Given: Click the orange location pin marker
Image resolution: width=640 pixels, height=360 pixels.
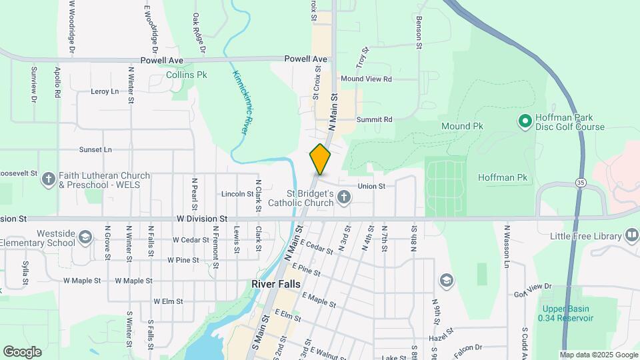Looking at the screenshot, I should pos(320,159).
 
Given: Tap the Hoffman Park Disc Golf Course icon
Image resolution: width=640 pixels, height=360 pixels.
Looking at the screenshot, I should pos(525,121).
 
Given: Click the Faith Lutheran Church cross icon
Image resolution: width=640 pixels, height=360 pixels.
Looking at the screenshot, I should pos(48,179).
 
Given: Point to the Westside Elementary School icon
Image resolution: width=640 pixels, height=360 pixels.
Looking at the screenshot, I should pos(85,237).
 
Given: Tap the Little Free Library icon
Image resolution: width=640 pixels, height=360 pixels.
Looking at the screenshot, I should pos(631,235).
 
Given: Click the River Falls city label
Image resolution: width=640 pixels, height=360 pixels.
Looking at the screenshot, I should pos(281,284).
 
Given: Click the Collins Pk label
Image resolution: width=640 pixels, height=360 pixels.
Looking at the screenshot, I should pos(187,75).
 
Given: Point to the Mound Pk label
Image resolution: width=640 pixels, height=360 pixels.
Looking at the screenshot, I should pos(462,126).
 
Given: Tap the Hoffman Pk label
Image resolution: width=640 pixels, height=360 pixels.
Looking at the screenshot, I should pos(503,177).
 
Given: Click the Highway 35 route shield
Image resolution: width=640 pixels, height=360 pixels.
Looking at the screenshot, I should pos(581,181).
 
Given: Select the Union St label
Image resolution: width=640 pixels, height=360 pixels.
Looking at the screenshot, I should pos(371,186).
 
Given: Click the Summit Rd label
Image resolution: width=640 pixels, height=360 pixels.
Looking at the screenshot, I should pos(374,119).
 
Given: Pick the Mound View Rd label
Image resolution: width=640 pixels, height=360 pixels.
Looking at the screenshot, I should pos(366,79).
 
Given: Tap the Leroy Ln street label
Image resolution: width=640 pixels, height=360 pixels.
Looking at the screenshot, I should pos(105,91).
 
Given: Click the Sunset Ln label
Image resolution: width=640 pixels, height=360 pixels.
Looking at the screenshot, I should pos(95,150).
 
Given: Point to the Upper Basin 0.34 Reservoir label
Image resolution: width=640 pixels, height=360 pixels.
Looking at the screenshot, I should pos(567,313).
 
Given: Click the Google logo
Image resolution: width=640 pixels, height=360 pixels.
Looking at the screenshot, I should pos(22,352).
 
